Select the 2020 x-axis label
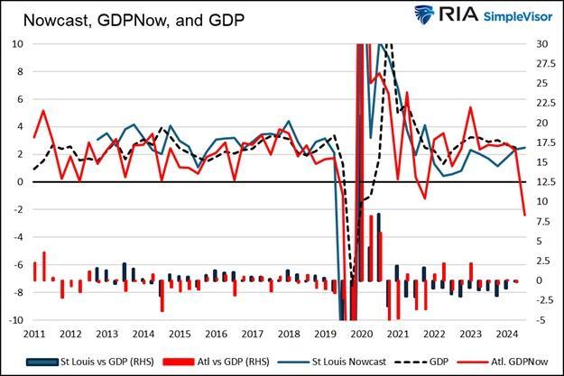point(361,333)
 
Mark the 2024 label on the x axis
point(507,333)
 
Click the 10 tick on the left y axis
point(16,43)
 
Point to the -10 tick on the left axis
point(14,320)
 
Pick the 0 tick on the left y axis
point(19,182)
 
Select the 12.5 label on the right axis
point(546,182)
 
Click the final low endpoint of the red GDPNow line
point(525,215)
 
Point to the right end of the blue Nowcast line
point(525,147)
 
